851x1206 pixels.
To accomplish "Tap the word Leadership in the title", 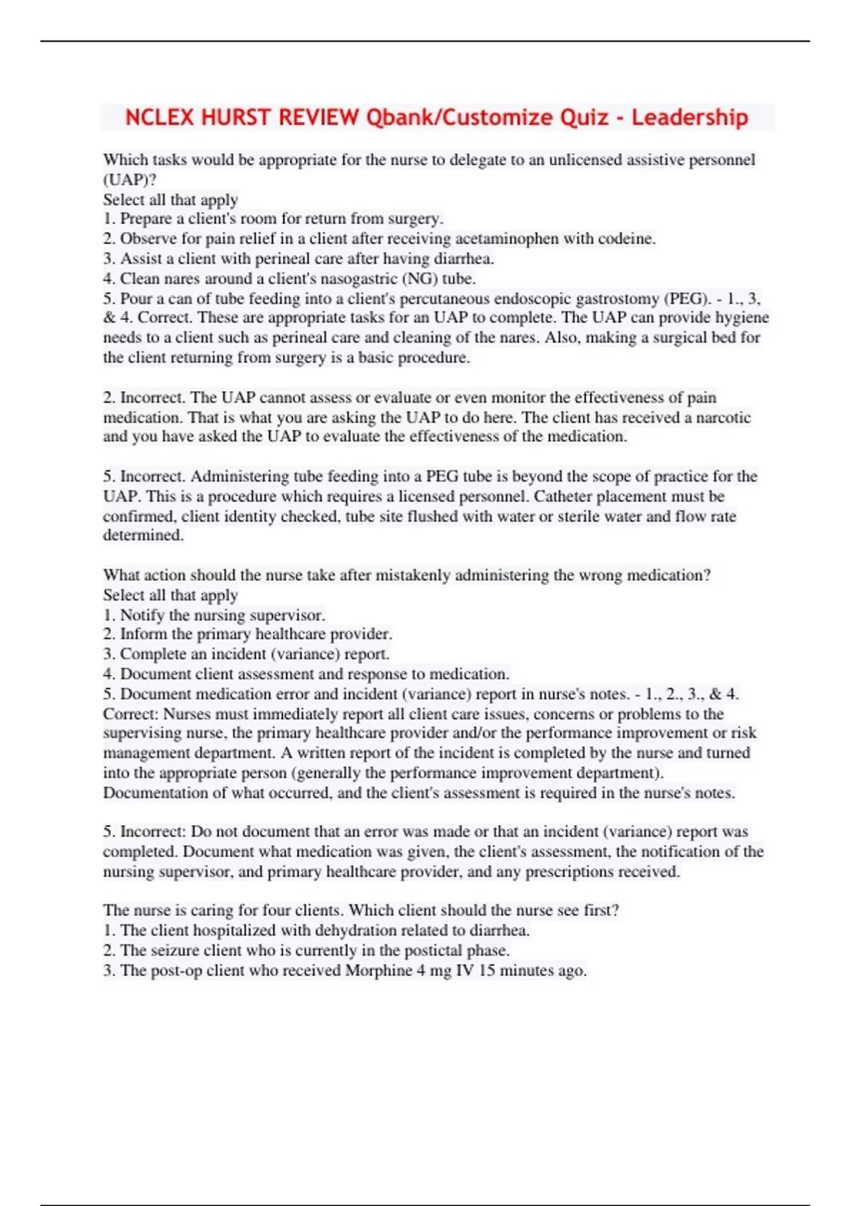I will coord(689,117).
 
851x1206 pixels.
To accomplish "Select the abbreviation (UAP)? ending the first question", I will coord(130,179).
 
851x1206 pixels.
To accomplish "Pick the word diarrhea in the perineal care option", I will coord(463,258).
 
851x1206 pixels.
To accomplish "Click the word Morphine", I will coord(378,970).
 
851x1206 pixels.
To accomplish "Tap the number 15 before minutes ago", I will coord(486,970).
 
